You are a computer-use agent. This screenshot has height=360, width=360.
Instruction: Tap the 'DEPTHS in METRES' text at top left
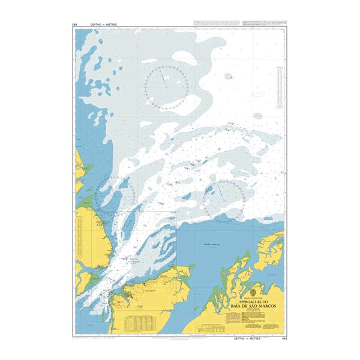pyautogui.click(x=103, y=24)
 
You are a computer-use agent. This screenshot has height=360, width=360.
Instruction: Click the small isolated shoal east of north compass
pyautogui.click(x=228, y=76)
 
